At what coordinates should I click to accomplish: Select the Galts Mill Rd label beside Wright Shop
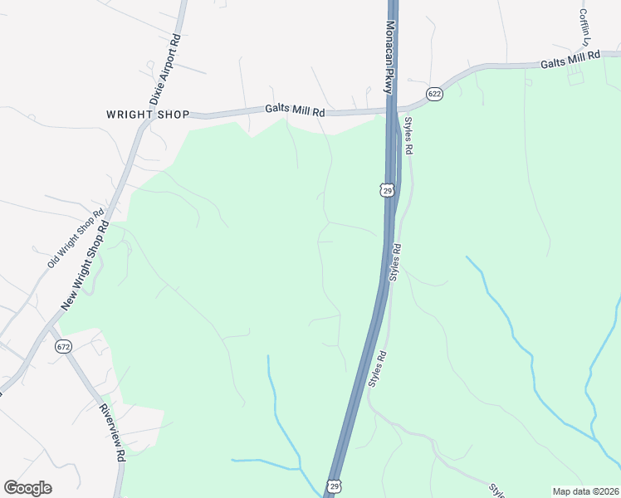click(x=295, y=109)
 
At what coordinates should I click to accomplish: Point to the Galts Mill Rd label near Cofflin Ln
click(x=570, y=59)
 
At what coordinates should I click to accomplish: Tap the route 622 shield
click(x=434, y=94)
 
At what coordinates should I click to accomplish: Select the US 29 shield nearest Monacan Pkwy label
click(x=387, y=190)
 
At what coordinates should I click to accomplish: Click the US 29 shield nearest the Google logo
click(x=334, y=485)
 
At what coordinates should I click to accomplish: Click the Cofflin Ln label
click(x=584, y=27)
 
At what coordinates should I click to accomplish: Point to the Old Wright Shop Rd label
click(x=75, y=237)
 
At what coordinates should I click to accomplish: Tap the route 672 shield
click(x=64, y=346)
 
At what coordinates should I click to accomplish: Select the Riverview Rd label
click(x=112, y=432)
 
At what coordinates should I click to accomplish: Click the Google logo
click(x=27, y=488)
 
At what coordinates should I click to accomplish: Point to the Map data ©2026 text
click(x=585, y=491)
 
